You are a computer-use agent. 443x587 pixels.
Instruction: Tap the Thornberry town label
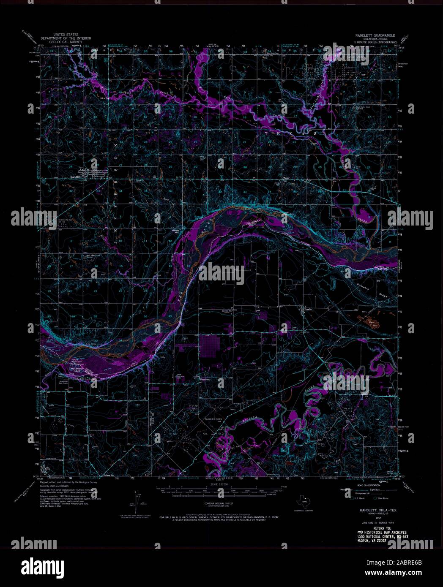click(205, 379)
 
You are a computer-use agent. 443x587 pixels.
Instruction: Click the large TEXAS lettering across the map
click(287, 133)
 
